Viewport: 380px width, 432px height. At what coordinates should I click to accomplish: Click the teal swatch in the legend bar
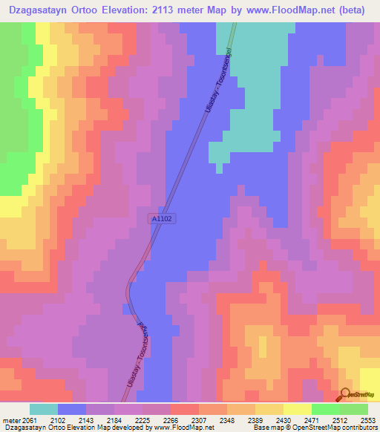pyautogui.click(x=43, y=409)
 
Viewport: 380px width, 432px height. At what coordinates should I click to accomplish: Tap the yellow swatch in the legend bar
pyautogui.click(x=297, y=409)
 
